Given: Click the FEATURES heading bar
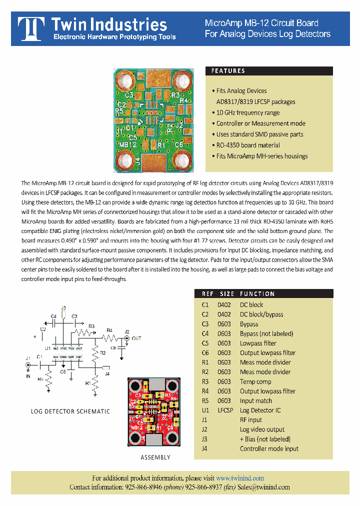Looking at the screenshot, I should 269,71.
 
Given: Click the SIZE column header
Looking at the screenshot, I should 226,294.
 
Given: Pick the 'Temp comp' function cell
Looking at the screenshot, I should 255,381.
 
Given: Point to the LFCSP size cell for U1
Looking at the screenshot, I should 225,410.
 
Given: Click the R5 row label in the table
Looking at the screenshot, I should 205,400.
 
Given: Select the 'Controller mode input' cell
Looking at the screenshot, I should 269,448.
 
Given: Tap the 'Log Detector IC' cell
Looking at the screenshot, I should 260,410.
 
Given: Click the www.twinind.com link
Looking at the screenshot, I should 240,478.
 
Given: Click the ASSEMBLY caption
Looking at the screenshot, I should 155,457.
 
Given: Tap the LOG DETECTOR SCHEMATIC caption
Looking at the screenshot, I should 70,411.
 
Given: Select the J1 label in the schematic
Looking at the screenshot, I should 28,358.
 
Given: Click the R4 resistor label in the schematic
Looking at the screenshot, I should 109,329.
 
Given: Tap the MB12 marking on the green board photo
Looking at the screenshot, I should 128,144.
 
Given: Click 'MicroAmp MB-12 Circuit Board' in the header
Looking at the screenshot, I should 261,23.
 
